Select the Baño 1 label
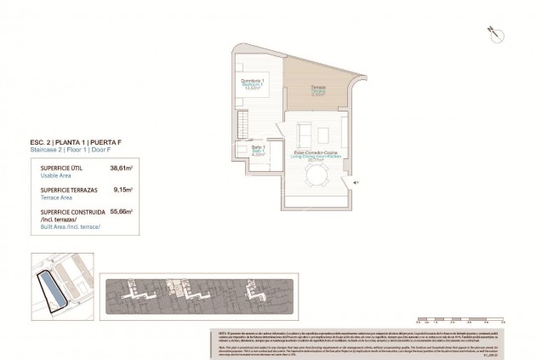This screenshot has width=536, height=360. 259,148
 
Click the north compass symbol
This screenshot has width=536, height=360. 492,31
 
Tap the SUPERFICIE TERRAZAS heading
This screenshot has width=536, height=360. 68,191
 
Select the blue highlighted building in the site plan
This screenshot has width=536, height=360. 52,292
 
